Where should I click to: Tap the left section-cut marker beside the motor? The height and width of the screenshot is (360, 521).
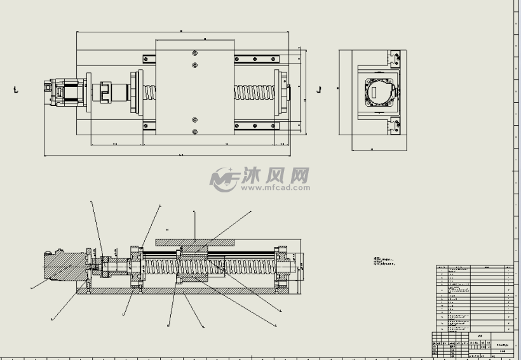click(15, 90)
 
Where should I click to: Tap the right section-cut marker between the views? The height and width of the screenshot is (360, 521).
click(319, 90)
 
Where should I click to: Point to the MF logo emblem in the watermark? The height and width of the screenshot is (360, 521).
click(224, 180)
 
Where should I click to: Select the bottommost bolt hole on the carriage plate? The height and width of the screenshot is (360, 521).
click(194, 131)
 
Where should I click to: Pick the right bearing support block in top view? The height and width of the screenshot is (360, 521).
click(280, 93)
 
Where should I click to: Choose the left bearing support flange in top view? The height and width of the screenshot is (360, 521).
click(135, 93)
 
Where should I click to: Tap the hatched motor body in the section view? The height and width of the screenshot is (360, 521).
click(64, 265)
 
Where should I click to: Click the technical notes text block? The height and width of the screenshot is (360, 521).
click(384, 261)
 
